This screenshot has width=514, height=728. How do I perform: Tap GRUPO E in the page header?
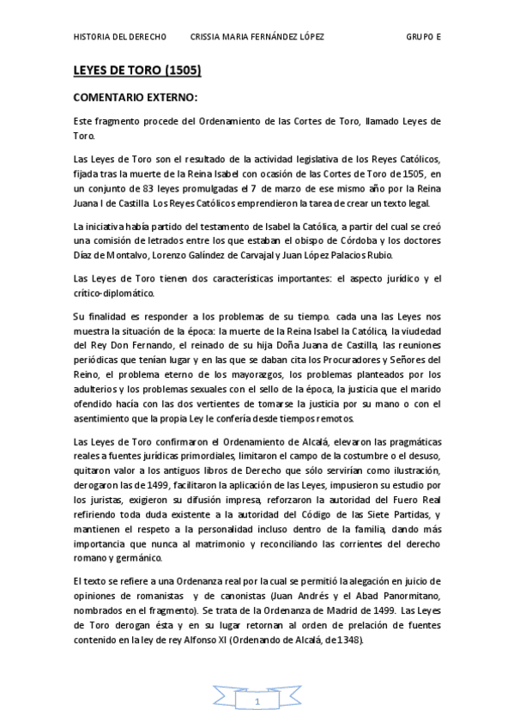click(x=423, y=38)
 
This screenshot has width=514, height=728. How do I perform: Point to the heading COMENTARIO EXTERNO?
click(x=136, y=99)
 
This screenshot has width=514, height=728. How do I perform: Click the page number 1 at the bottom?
click(x=256, y=702)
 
